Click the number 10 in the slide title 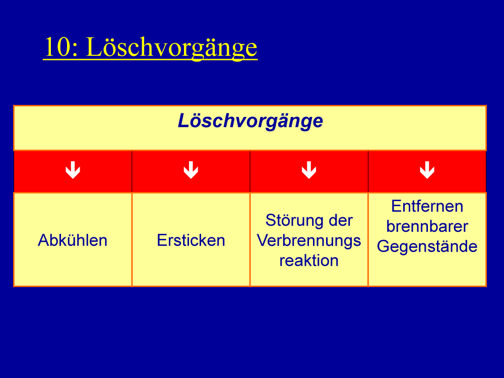coord(57,47)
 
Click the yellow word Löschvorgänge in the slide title coord(172,48)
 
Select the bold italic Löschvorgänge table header coord(250,121)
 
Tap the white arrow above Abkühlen coord(73,170)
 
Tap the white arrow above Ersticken coord(191,170)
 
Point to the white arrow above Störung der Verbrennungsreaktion coord(309,170)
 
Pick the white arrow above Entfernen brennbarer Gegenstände coord(427,170)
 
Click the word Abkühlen coord(73,240)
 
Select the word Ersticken coord(191,240)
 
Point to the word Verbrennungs coord(309,241)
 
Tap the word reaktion coord(309,261)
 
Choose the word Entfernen coord(427,206)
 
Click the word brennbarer coord(427,226)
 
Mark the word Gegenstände coord(427,247)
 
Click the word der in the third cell coord(341,221)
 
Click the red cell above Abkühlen coord(73,171)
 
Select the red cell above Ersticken coord(191,171)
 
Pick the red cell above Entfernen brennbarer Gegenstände coord(427,171)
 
